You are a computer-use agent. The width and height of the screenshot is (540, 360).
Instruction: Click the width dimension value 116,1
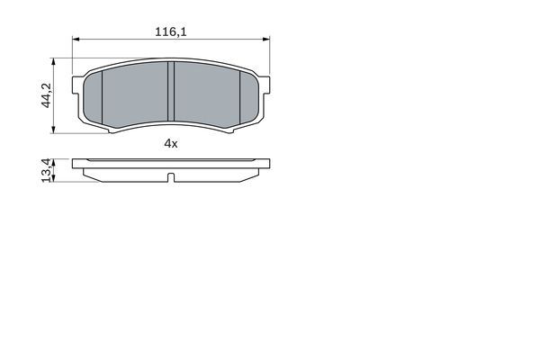tap(171, 31)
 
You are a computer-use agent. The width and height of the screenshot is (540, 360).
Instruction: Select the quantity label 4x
tap(171, 144)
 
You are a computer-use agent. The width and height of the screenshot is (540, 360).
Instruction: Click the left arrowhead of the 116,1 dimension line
tap(76, 40)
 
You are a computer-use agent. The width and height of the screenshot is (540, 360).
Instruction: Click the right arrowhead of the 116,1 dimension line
tap(266, 40)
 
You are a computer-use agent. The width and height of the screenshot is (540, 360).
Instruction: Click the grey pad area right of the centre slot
tap(206, 96)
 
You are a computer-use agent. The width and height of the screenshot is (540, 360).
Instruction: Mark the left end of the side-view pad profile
tap(75, 168)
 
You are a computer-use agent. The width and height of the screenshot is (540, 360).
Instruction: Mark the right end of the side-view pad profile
tap(267, 168)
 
